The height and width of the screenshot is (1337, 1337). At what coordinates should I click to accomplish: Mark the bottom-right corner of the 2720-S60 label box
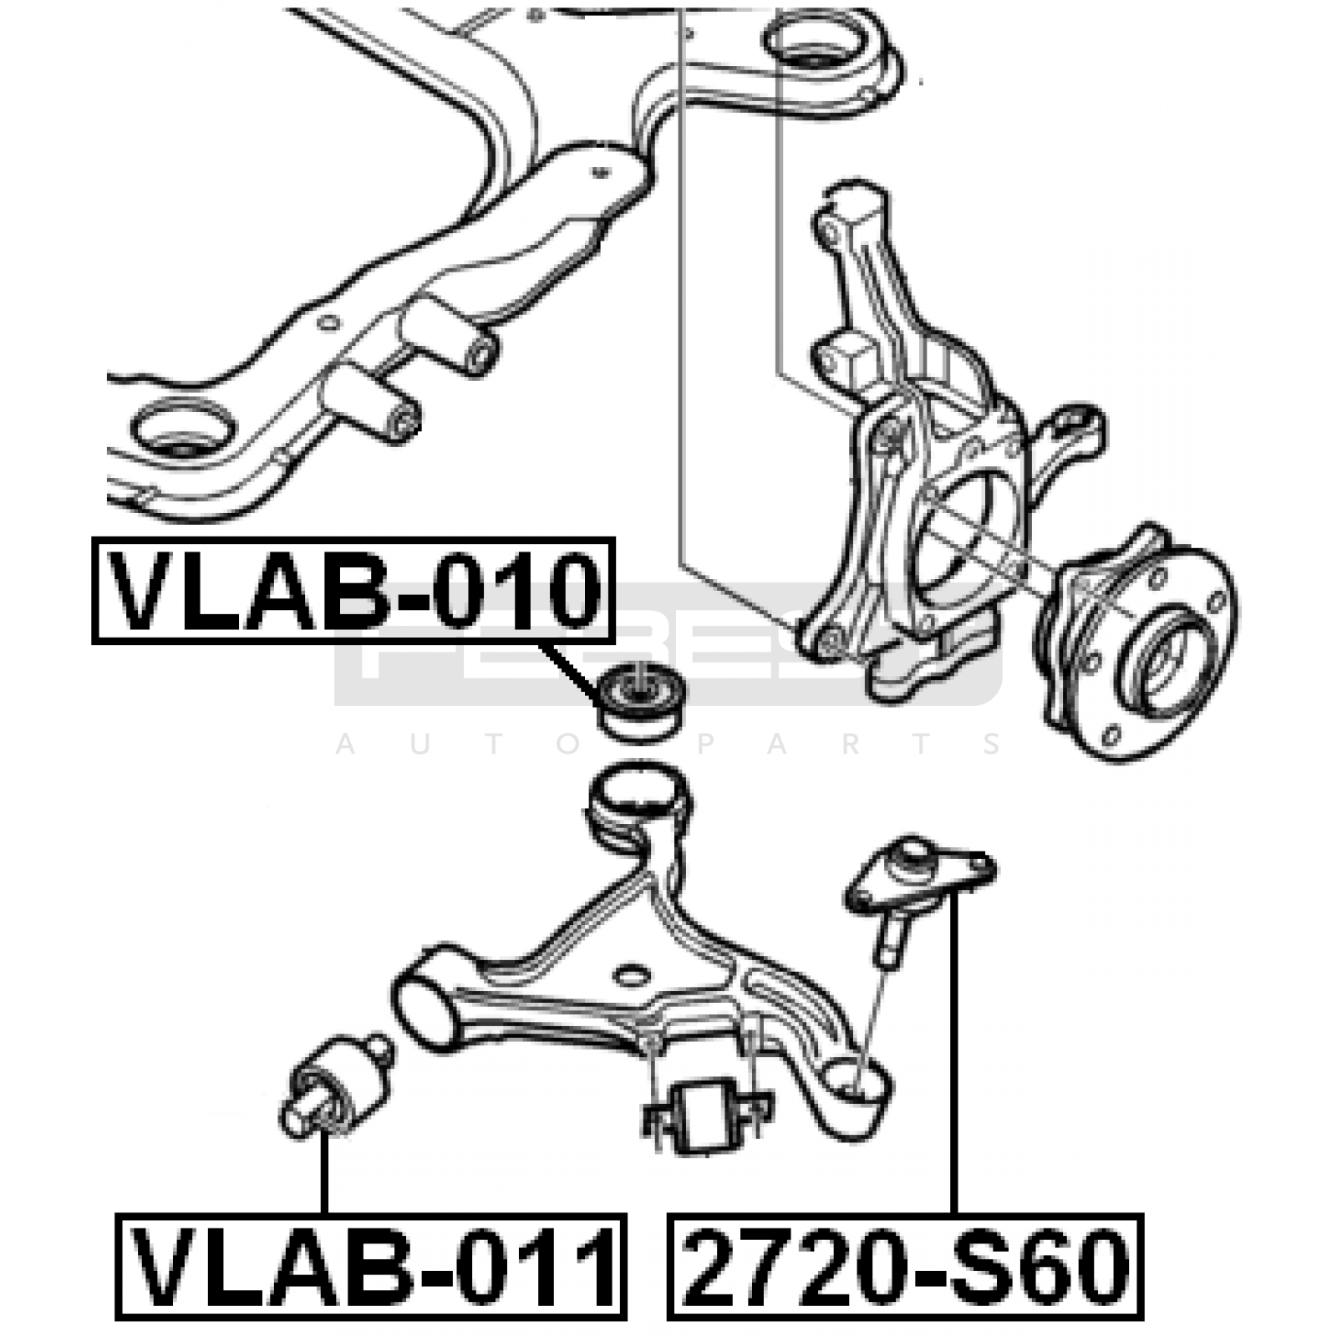1143,1319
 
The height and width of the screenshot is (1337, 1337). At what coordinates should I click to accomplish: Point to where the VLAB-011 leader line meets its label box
324,1214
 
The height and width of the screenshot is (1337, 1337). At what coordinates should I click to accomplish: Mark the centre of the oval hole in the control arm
632,975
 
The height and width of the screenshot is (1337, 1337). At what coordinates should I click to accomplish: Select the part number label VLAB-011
371,1267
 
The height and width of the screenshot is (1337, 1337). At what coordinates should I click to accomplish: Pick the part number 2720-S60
906,1267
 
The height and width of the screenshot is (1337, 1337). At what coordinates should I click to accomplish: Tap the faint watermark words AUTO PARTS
668,743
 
